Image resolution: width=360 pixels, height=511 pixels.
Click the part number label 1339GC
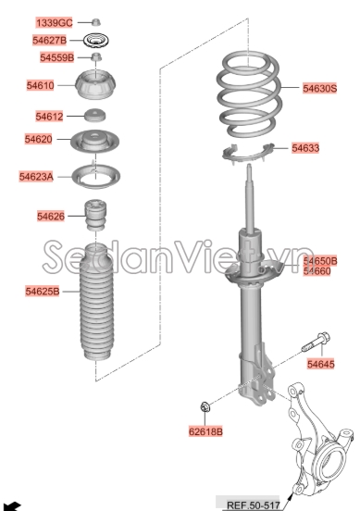54,23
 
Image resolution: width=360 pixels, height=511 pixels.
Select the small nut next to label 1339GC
95,22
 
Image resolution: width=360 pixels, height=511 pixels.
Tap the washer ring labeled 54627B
95,41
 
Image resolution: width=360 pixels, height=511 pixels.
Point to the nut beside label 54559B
95,57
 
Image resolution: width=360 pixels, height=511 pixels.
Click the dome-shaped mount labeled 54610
95,84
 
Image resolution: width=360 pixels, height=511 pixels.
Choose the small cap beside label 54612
95,115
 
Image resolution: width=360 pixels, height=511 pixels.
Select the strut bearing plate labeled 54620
94,141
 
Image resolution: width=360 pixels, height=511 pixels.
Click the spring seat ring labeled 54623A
95,176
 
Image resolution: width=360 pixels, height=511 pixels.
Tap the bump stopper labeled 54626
95,215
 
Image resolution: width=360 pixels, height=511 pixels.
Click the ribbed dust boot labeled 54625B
96,302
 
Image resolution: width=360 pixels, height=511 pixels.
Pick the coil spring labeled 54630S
249,93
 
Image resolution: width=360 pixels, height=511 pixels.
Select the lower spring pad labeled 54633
248,154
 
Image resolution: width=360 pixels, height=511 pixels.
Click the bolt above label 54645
316,342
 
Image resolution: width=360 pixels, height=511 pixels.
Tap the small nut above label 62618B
205,406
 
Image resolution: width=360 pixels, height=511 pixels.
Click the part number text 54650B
320,261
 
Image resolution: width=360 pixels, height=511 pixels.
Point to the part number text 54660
317,271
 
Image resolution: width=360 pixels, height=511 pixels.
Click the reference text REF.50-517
254,505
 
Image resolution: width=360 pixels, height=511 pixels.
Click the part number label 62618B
205,431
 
